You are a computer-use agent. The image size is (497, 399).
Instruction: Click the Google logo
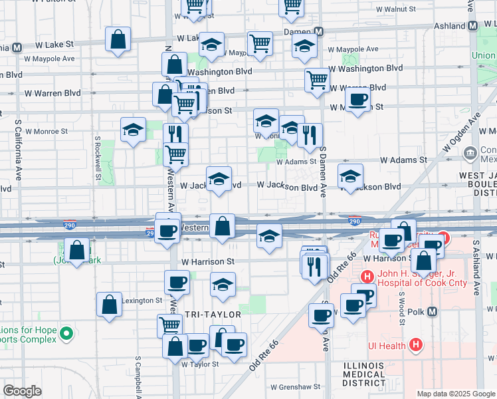coord(22,391)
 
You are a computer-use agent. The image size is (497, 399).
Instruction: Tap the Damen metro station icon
coord(319,32)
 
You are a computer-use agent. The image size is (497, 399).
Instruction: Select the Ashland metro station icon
coord(472,26)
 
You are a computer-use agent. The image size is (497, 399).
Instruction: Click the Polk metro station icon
coord(433,311)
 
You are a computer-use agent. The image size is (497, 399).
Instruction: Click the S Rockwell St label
coord(98,158)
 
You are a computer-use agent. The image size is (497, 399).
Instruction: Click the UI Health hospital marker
coord(416,344)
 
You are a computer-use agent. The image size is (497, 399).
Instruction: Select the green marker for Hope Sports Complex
coord(66,332)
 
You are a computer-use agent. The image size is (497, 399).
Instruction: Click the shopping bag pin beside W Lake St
coord(118,39)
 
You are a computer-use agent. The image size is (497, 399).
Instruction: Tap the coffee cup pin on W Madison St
coord(357,100)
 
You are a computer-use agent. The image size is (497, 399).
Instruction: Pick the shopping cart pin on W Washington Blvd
coord(318,80)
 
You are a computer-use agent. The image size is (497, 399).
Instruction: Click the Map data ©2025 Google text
coord(456,394)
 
